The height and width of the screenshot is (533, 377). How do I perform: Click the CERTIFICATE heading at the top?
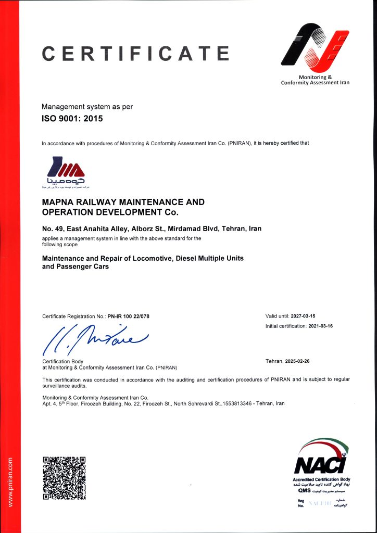(135, 53)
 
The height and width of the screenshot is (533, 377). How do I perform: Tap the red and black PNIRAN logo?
(315, 49)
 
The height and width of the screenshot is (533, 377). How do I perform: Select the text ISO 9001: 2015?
(72, 119)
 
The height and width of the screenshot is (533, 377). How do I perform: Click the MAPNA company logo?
(65, 172)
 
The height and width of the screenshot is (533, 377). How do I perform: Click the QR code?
(64, 477)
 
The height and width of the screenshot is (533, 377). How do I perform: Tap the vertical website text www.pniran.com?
(10, 481)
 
